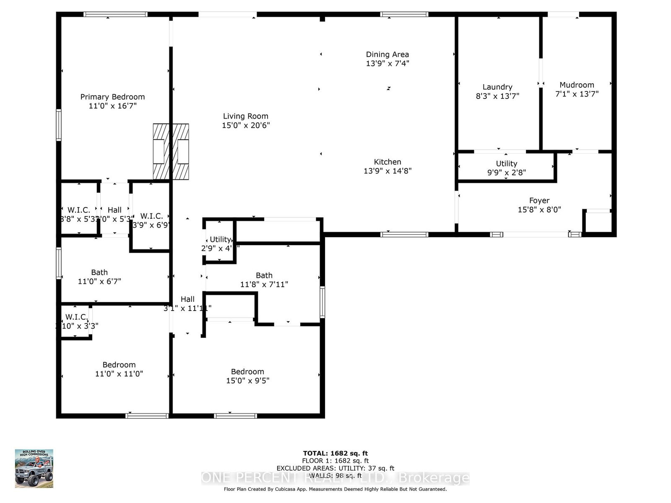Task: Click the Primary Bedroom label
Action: (x=112, y=97)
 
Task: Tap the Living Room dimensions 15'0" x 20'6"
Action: (x=246, y=125)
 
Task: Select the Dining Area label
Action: (x=387, y=54)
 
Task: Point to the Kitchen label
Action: (x=388, y=162)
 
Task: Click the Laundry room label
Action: (x=497, y=87)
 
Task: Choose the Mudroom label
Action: (x=577, y=85)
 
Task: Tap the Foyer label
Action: (x=539, y=201)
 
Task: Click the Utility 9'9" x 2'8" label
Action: (x=506, y=168)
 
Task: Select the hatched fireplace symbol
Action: (x=171, y=151)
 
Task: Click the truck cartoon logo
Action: (x=34, y=469)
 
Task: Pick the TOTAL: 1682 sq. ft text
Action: (x=335, y=453)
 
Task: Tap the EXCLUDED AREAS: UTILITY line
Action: (x=335, y=468)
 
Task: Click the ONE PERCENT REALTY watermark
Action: (x=335, y=477)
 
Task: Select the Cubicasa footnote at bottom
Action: (x=335, y=489)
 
